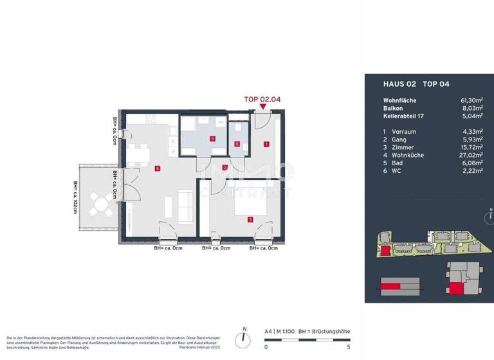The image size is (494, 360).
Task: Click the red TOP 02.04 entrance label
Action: pos(262,100)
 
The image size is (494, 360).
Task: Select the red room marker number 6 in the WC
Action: pos(237,144)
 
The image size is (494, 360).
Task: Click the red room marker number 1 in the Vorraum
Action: pos(266,145)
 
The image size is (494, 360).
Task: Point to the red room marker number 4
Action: pos(157,169)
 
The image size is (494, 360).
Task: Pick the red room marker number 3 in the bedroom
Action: pos(250,220)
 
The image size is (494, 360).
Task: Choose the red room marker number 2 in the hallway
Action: pos(224,168)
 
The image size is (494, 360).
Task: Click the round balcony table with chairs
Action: pos(101,204)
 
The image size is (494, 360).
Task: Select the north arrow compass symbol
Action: pos(243,337)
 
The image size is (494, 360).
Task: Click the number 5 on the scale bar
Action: pos(348,346)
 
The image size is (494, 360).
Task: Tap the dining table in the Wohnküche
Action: pos(139,155)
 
